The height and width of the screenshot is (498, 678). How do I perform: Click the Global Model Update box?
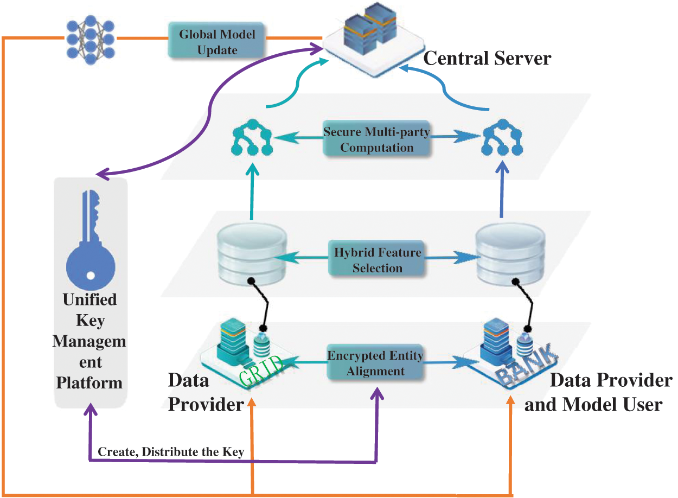click(218, 41)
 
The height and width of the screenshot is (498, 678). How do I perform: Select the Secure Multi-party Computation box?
click(376, 139)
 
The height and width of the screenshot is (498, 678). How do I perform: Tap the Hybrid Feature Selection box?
click(377, 260)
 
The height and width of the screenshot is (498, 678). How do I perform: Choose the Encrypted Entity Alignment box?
click(375, 363)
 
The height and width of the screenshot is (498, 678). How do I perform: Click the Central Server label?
click(487, 58)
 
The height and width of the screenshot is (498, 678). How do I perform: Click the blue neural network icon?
click(90, 39)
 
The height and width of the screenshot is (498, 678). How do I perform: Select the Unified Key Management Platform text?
click(90, 342)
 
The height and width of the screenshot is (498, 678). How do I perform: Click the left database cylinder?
click(252, 255)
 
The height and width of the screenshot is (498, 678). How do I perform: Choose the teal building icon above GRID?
click(234, 342)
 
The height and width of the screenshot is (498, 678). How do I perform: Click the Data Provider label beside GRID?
click(203, 392)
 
